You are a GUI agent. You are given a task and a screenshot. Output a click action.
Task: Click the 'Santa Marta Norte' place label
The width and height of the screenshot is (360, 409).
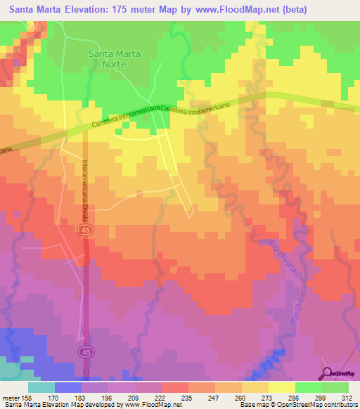(114, 59)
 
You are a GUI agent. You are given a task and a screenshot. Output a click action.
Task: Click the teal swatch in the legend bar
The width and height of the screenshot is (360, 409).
(41, 387)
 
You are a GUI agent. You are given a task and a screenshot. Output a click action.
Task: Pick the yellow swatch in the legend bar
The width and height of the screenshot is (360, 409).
(281, 387)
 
